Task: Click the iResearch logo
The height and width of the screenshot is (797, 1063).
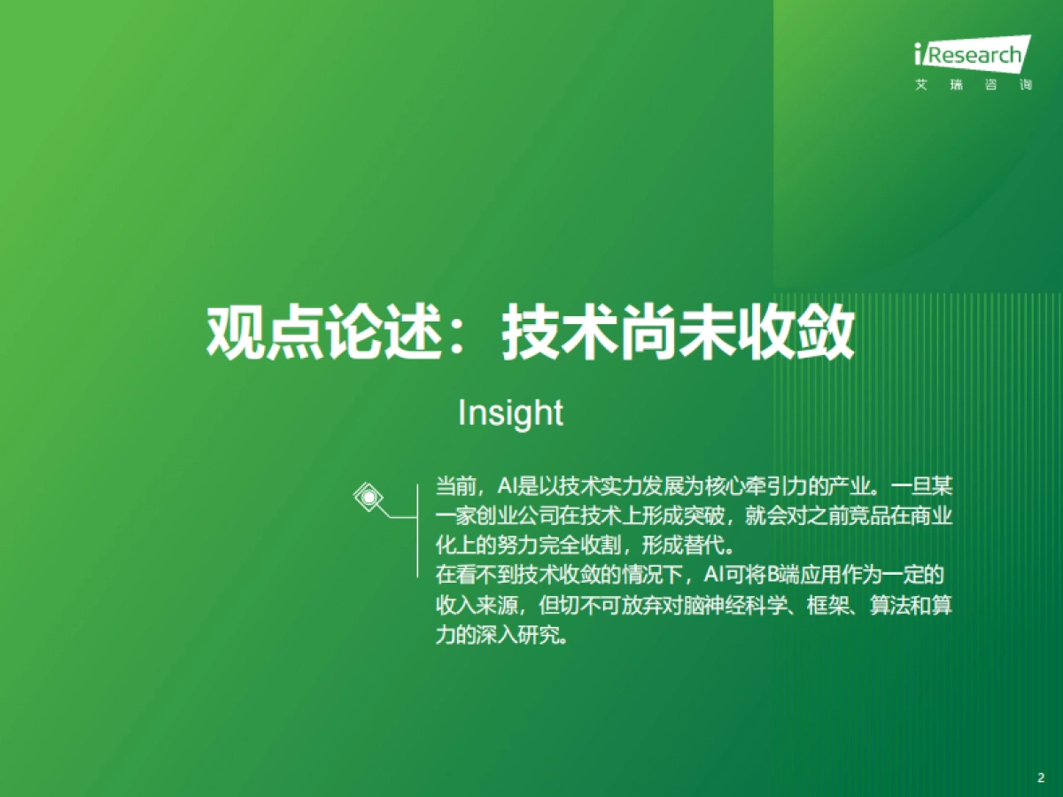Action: click(971, 56)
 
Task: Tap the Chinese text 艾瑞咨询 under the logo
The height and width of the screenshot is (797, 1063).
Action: click(973, 87)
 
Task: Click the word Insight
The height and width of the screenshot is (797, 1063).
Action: click(510, 413)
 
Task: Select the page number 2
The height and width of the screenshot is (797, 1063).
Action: click(1041, 778)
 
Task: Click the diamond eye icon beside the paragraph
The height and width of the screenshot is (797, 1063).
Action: click(368, 497)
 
